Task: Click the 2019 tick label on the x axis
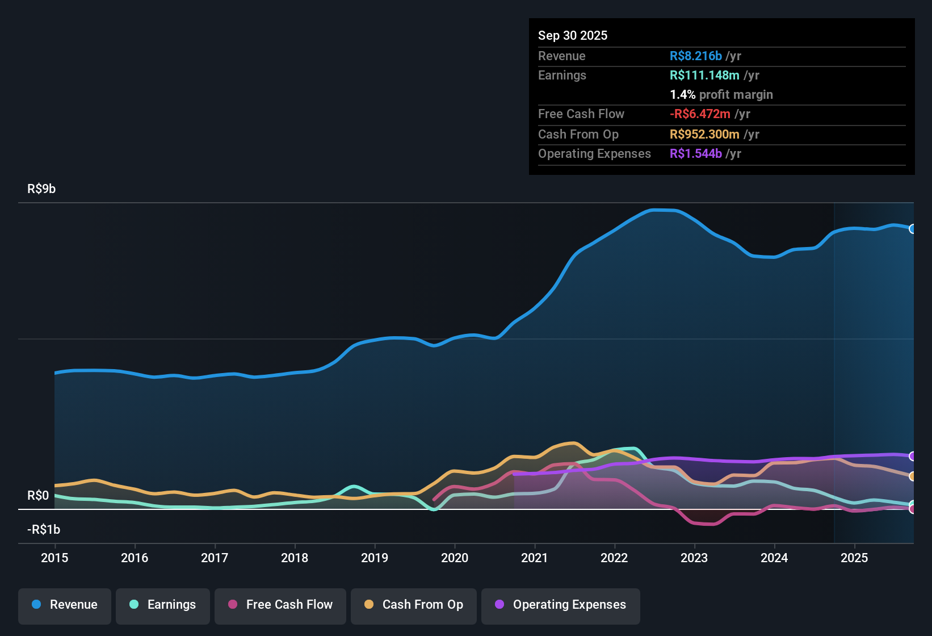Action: coord(375,558)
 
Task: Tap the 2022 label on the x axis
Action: coord(614,558)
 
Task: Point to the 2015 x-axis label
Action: coord(54,558)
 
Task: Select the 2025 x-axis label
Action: coord(854,558)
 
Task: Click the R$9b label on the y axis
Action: coord(41,189)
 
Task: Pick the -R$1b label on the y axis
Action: coord(44,530)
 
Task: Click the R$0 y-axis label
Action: coord(38,496)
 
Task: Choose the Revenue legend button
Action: coord(65,605)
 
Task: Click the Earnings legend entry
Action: coord(163,605)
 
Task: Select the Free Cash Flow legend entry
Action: coord(280,605)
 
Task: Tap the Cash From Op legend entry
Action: coord(414,605)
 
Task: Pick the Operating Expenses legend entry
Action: coord(561,605)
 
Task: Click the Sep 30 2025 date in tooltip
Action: coord(573,35)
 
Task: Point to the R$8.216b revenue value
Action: coord(695,56)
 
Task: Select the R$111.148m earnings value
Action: coord(704,75)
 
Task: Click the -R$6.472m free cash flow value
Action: coord(700,114)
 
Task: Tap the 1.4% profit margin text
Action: coord(721,94)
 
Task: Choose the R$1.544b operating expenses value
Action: coord(695,153)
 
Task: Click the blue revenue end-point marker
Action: coord(913,229)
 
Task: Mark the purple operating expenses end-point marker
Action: coord(913,456)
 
